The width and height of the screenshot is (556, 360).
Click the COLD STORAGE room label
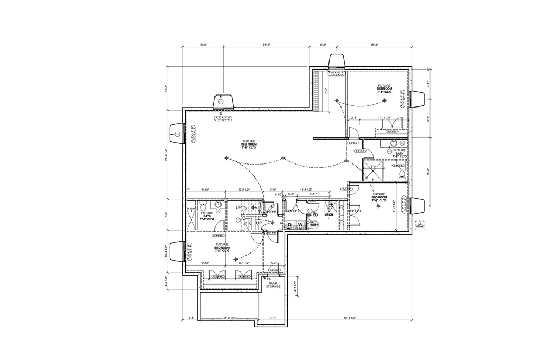(273, 284)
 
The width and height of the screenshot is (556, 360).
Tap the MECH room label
(328, 214)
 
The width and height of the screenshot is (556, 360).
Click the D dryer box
(289, 224)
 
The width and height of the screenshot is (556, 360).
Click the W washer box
(300, 224)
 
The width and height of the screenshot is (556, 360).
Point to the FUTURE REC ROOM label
(249, 144)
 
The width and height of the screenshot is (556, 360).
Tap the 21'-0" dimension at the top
(266, 45)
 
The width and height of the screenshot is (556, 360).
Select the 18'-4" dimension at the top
(374, 45)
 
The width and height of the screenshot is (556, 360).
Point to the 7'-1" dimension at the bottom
(273, 318)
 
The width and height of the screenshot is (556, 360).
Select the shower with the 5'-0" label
(374, 172)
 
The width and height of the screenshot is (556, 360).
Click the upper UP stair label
(238, 208)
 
